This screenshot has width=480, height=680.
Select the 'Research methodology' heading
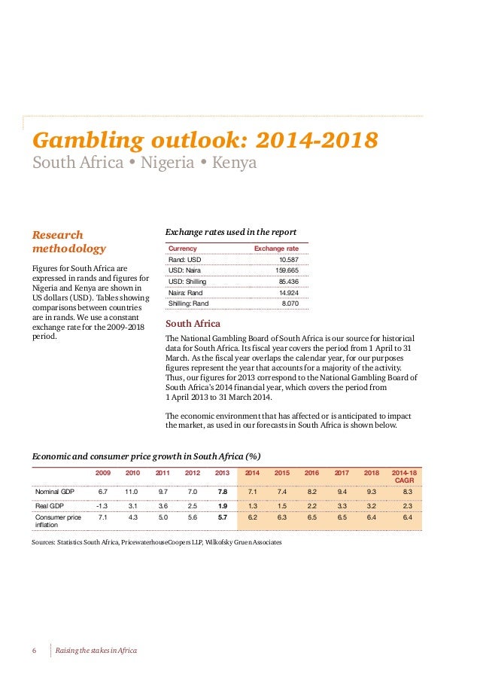69,242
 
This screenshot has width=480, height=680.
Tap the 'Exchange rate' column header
276,248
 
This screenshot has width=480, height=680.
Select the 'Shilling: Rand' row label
189,303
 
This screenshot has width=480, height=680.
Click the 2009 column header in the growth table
102,473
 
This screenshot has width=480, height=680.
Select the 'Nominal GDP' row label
54,492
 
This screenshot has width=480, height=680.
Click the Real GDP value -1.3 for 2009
102,506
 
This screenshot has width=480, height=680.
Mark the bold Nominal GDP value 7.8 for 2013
222,492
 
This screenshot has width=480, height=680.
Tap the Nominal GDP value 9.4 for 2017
342,492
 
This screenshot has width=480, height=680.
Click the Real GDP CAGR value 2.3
407,506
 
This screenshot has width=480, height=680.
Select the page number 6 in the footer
35,651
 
